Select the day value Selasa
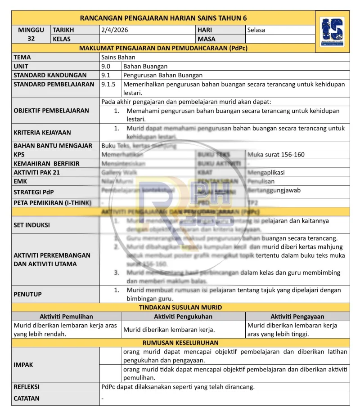click(256, 30)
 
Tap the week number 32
click(31, 39)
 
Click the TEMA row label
click(22, 57)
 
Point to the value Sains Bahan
click(118, 57)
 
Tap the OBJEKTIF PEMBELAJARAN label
click(51, 110)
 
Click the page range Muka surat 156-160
click(276, 154)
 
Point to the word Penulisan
click(262, 181)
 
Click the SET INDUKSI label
click(32, 225)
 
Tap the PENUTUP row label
click(28, 294)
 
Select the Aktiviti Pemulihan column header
click(66, 317)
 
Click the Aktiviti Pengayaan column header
click(297, 317)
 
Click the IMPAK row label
click(23, 365)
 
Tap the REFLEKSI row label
click(27, 387)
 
